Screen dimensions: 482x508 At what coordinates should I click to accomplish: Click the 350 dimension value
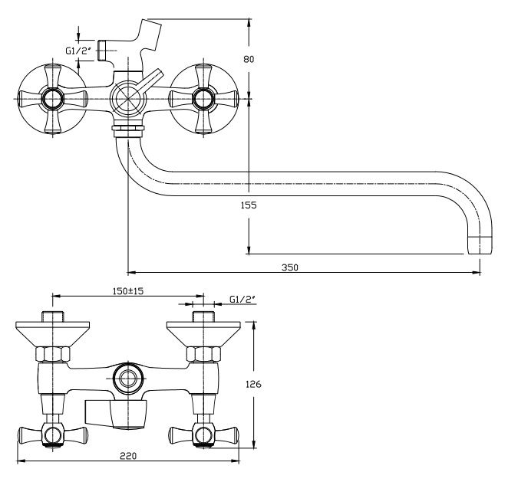point(289,267)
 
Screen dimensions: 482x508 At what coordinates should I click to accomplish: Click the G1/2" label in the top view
point(78,52)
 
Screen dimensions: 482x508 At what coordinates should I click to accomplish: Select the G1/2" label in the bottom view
point(241,301)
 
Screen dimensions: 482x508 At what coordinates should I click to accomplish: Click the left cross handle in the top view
point(51,98)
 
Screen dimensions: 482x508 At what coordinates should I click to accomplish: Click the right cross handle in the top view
point(203,98)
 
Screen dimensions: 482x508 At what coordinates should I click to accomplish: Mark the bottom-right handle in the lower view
point(203,435)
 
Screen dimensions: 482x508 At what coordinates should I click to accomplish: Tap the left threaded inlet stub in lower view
point(51,318)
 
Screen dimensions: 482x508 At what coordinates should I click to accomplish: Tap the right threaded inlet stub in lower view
point(203,318)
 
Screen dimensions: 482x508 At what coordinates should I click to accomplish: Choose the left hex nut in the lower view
point(51,354)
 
